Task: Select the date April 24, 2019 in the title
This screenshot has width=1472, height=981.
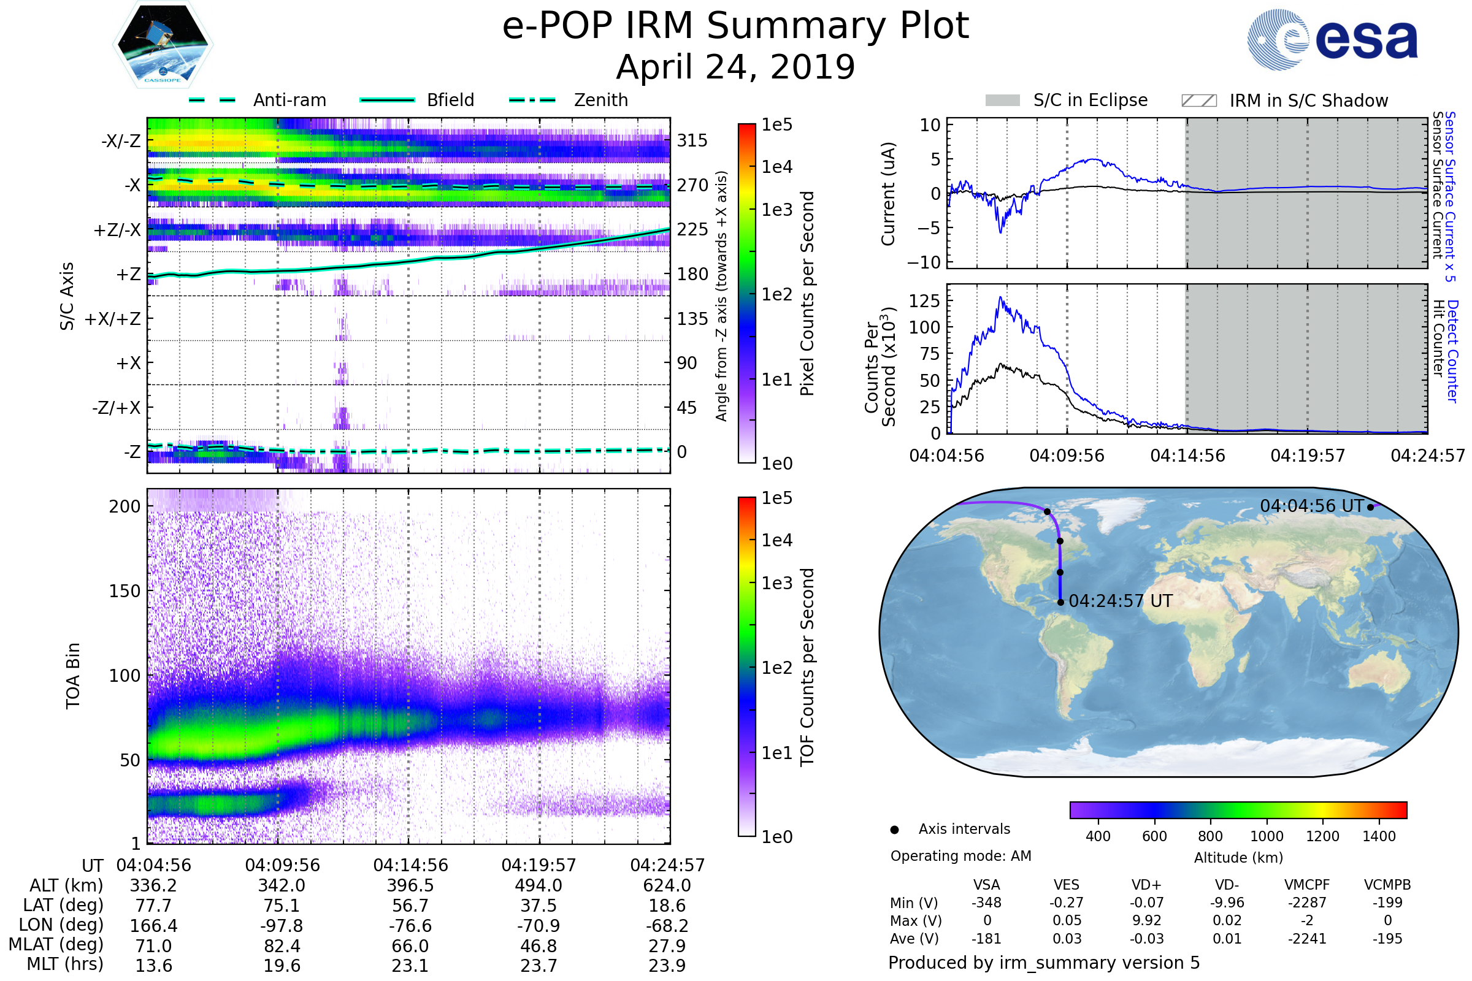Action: pyautogui.click(x=735, y=67)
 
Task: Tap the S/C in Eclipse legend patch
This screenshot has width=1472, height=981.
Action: pyautogui.click(x=1002, y=101)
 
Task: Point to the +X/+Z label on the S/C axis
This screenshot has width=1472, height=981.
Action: pyautogui.click(x=113, y=319)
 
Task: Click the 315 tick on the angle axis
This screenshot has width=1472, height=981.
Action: pyautogui.click(x=692, y=141)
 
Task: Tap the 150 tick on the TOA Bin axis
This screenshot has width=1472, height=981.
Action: pyautogui.click(x=125, y=591)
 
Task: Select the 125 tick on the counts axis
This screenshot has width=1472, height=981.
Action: pyautogui.click(x=924, y=301)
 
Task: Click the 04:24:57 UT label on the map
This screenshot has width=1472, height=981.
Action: pyautogui.click(x=1121, y=601)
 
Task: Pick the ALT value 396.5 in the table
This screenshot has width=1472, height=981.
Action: pyautogui.click(x=410, y=886)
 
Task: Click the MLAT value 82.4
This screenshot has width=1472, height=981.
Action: pyautogui.click(x=282, y=946)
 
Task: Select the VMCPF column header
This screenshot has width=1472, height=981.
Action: pyautogui.click(x=1307, y=885)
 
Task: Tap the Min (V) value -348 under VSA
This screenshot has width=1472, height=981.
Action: pyautogui.click(x=986, y=903)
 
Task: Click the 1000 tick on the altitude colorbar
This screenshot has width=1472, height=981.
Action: pyautogui.click(x=1267, y=836)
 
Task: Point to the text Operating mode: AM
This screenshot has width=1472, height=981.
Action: pyautogui.click(x=960, y=856)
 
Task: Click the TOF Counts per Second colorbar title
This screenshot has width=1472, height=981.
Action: pyautogui.click(x=807, y=667)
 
